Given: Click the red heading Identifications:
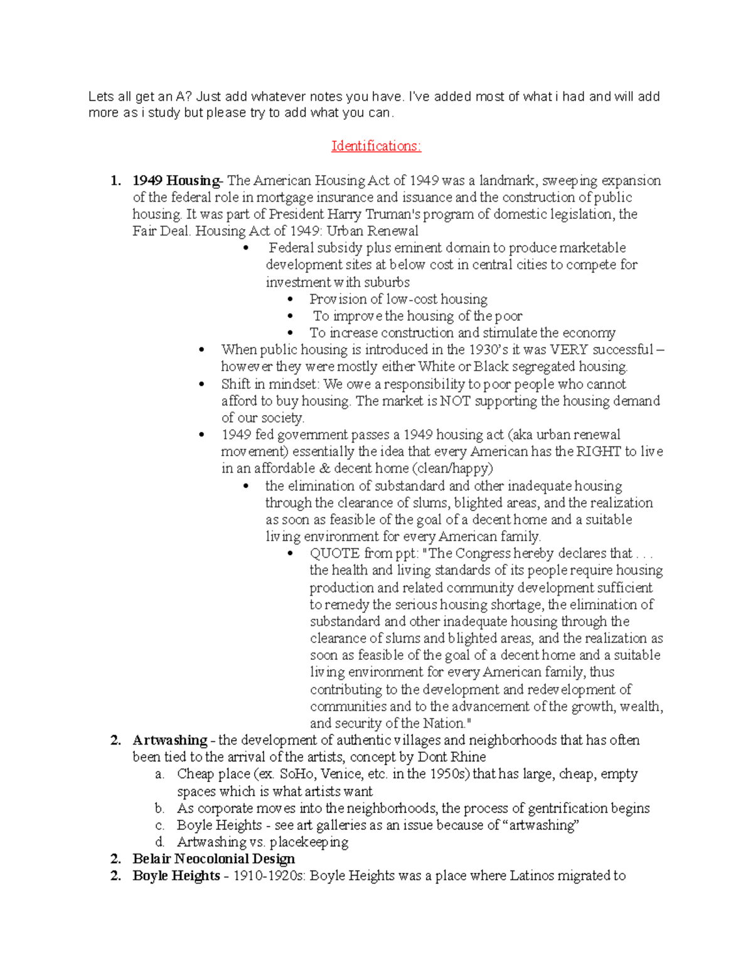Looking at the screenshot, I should tap(376, 146).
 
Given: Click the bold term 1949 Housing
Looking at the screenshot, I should tap(175, 181).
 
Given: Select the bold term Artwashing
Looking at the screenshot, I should tap(169, 740).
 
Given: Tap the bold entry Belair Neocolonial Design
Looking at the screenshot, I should tap(213, 859).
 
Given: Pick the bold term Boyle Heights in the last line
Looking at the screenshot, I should tap(176, 876).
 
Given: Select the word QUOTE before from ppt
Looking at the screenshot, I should tap(335, 553).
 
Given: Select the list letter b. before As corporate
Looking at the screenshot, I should tap(159, 808).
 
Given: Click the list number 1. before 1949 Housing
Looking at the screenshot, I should tap(115, 181).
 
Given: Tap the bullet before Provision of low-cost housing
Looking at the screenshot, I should tap(289, 300).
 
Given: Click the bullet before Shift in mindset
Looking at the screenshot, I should tap(201, 384).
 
